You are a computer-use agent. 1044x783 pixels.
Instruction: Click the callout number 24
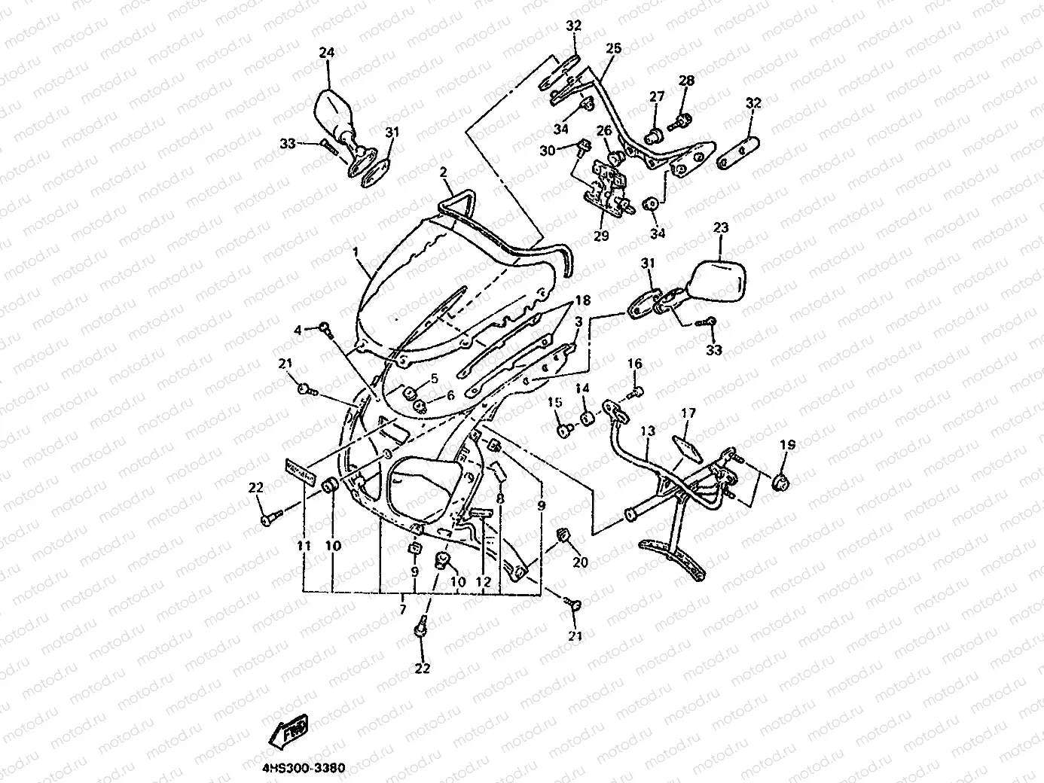(x=326, y=53)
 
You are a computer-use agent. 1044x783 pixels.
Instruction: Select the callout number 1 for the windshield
(x=355, y=248)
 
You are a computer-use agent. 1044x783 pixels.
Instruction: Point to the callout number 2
(x=444, y=172)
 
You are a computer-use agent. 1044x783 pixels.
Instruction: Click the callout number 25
(x=613, y=48)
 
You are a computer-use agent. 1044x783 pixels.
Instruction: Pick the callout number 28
(x=685, y=81)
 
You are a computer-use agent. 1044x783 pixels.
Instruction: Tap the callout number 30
(x=547, y=151)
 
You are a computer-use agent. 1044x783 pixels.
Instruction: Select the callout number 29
(x=600, y=235)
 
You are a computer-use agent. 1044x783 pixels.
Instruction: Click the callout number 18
(x=582, y=300)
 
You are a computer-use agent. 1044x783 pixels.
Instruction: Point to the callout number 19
(x=787, y=445)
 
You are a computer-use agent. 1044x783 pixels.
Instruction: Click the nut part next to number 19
(x=781, y=482)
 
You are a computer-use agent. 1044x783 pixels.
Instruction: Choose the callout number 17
(x=688, y=413)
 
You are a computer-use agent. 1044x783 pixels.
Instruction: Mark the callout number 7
(x=403, y=608)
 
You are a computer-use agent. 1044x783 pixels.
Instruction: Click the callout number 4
(x=298, y=330)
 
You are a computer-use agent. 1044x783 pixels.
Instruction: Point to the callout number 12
(x=483, y=582)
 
